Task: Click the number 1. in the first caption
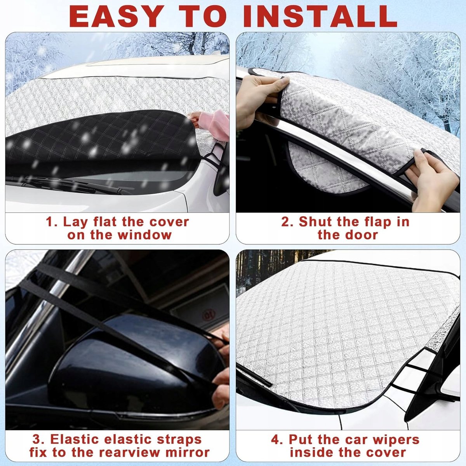pos(52,222)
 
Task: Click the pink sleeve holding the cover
pos(214,125)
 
